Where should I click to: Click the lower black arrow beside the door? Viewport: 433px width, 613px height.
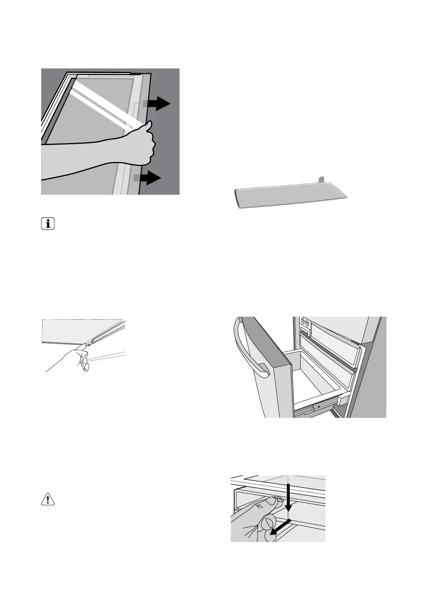150,178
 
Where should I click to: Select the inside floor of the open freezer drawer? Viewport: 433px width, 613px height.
320,386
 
